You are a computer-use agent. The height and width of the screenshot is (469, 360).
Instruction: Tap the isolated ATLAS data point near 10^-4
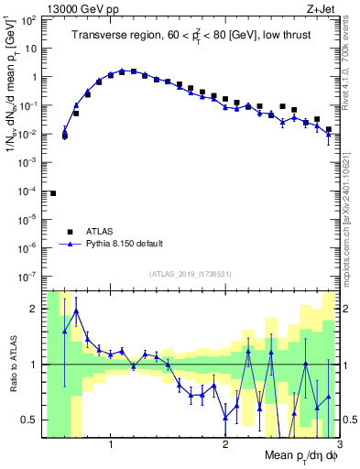tap(53, 193)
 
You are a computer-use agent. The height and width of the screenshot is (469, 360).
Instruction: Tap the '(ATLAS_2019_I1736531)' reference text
tap(191, 273)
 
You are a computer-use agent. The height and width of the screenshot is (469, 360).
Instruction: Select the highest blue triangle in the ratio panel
tap(76, 311)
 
